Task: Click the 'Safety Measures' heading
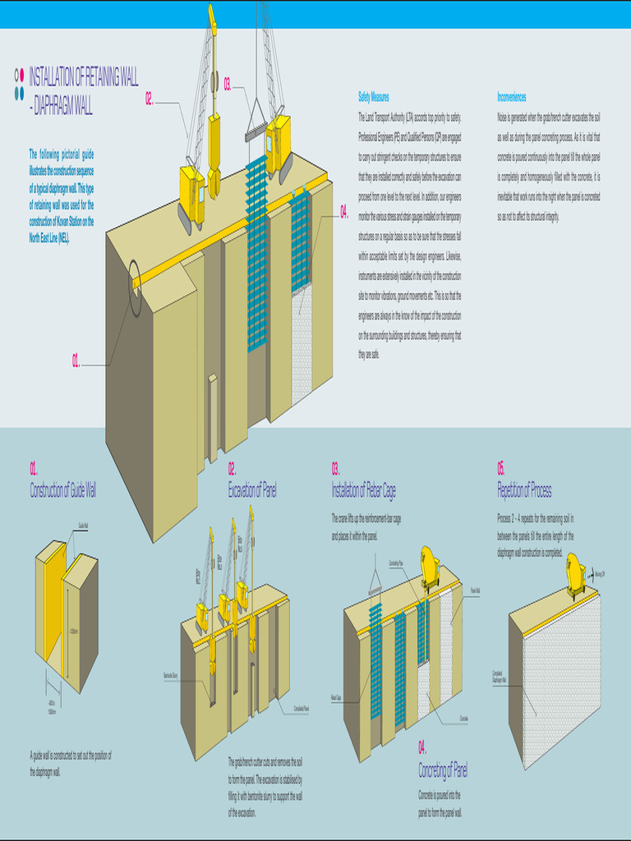click(374, 97)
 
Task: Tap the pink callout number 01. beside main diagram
click(76, 361)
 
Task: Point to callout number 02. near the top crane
click(150, 99)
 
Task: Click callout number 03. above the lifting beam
click(228, 82)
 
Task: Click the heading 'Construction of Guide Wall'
click(63, 491)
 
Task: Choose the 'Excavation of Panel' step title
click(252, 490)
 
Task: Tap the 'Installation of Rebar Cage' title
click(363, 491)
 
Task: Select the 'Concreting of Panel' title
click(443, 770)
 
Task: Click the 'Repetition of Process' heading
click(524, 491)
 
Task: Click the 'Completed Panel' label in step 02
click(297, 708)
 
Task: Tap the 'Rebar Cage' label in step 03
click(337, 698)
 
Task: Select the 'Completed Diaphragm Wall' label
click(498, 675)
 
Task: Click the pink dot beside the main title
click(22, 76)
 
